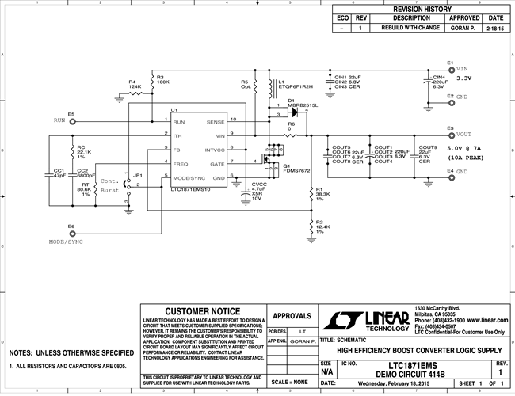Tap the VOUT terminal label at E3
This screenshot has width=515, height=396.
(x=463, y=135)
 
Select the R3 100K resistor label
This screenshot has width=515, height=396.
(x=163, y=78)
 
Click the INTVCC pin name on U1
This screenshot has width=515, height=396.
(x=216, y=149)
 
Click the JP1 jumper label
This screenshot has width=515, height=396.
(x=139, y=174)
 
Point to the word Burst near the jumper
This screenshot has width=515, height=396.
(x=109, y=192)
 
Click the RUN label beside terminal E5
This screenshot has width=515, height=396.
(x=59, y=120)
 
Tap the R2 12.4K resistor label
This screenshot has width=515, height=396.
(x=322, y=227)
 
